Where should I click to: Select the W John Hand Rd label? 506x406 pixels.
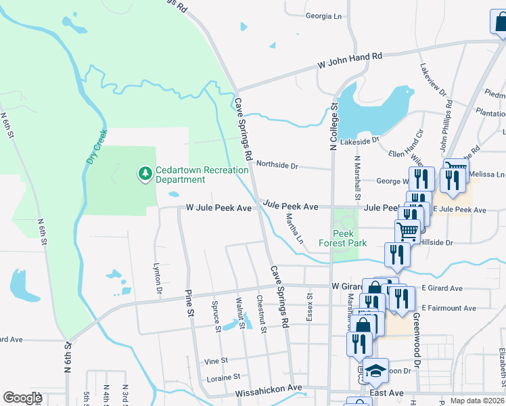[350, 61]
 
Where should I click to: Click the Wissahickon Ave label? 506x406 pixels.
[269, 389]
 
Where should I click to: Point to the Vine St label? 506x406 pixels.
[216, 361]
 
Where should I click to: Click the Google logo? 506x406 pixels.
[22, 398]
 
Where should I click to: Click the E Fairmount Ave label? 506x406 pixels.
[447, 308]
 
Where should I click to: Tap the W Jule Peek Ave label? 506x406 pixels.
[218, 208]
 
